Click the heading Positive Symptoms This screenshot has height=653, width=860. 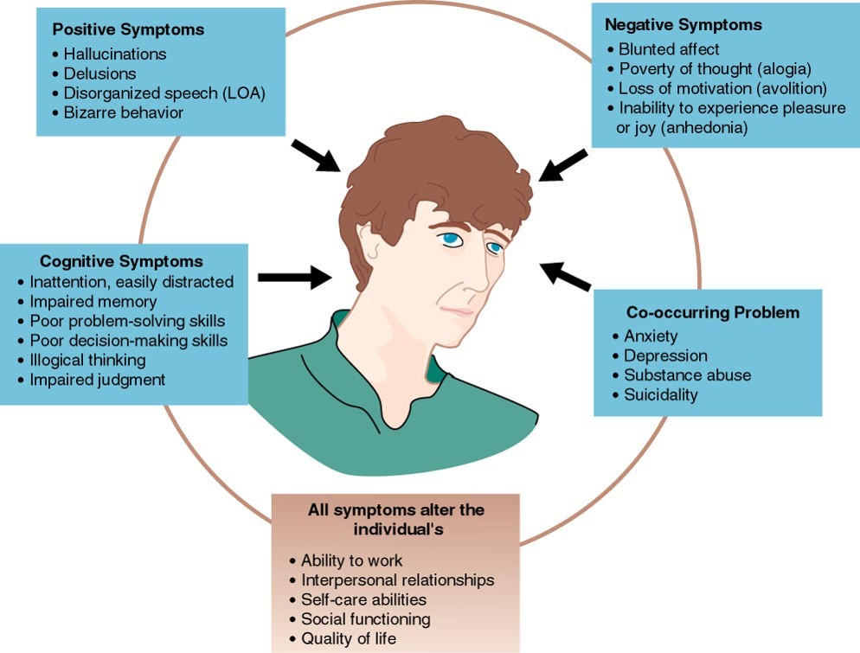tap(128, 29)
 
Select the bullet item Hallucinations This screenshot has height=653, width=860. tap(114, 54)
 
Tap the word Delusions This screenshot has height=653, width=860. tap(99, 74)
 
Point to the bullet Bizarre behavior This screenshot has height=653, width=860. tap(123, 112)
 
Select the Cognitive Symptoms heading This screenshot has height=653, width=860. tap(121, 261)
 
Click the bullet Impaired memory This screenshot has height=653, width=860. tap(93, 301)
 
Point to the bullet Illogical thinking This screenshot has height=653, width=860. tap(87, 360)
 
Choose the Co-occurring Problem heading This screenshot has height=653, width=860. tap(712, 312)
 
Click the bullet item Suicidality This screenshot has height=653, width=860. tap(660, 395)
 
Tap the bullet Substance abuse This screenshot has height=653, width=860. tap(687, 375)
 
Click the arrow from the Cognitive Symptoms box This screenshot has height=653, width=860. tap(295, 277)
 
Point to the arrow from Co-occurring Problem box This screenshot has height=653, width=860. tap(565, 276)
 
